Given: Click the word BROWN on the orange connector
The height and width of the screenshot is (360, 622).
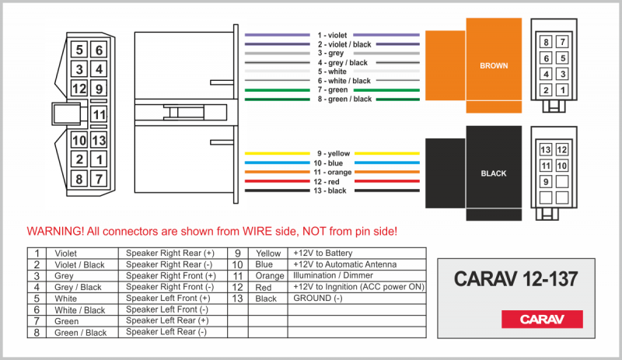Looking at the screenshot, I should (494, 66).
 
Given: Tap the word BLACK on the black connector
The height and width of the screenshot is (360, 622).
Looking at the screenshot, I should (494, 173).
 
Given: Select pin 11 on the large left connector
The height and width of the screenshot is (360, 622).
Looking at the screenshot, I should (98, 115).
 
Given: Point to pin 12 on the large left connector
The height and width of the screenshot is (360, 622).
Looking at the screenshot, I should (79, 89).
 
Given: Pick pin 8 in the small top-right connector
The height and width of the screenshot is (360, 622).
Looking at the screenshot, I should (547, 41).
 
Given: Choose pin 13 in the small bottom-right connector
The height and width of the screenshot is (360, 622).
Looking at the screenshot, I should (546, 149).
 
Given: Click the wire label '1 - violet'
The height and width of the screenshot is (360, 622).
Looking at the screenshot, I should (332, 35).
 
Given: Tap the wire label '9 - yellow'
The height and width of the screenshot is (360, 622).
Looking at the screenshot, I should (332, 154).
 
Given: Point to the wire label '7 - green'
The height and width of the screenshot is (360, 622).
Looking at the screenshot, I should (332, 90).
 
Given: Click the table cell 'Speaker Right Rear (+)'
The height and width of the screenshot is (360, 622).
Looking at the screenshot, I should (169, 253).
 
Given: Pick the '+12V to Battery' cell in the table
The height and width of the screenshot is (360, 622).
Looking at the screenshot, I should (322, 253).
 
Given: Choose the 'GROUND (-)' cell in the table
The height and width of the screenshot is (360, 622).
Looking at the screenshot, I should (317, 299).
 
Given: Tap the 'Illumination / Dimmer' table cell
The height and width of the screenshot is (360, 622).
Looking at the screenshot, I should (333, 276).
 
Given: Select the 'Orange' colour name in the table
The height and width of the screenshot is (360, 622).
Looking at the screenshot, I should (269, 276).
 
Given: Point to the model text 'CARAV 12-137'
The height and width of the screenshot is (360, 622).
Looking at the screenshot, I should (515, 278).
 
